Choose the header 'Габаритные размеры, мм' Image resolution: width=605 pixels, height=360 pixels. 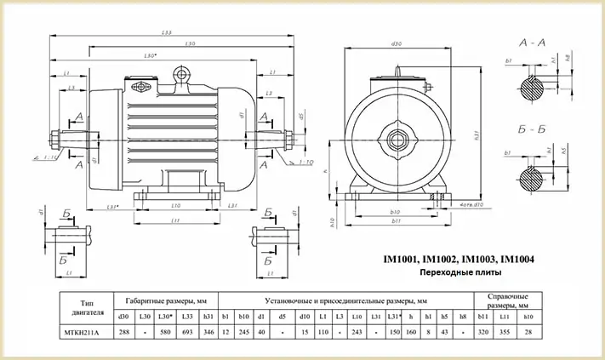pos(166,300)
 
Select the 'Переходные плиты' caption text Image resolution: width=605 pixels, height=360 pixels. pos(454,272)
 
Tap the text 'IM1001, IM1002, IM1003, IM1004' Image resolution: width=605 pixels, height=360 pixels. pos(454,259)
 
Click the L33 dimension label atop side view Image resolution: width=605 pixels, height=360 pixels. pos(166,32)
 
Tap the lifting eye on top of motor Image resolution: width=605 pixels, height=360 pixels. pos(181,76)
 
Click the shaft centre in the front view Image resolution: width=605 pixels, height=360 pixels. pos(397,136)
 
